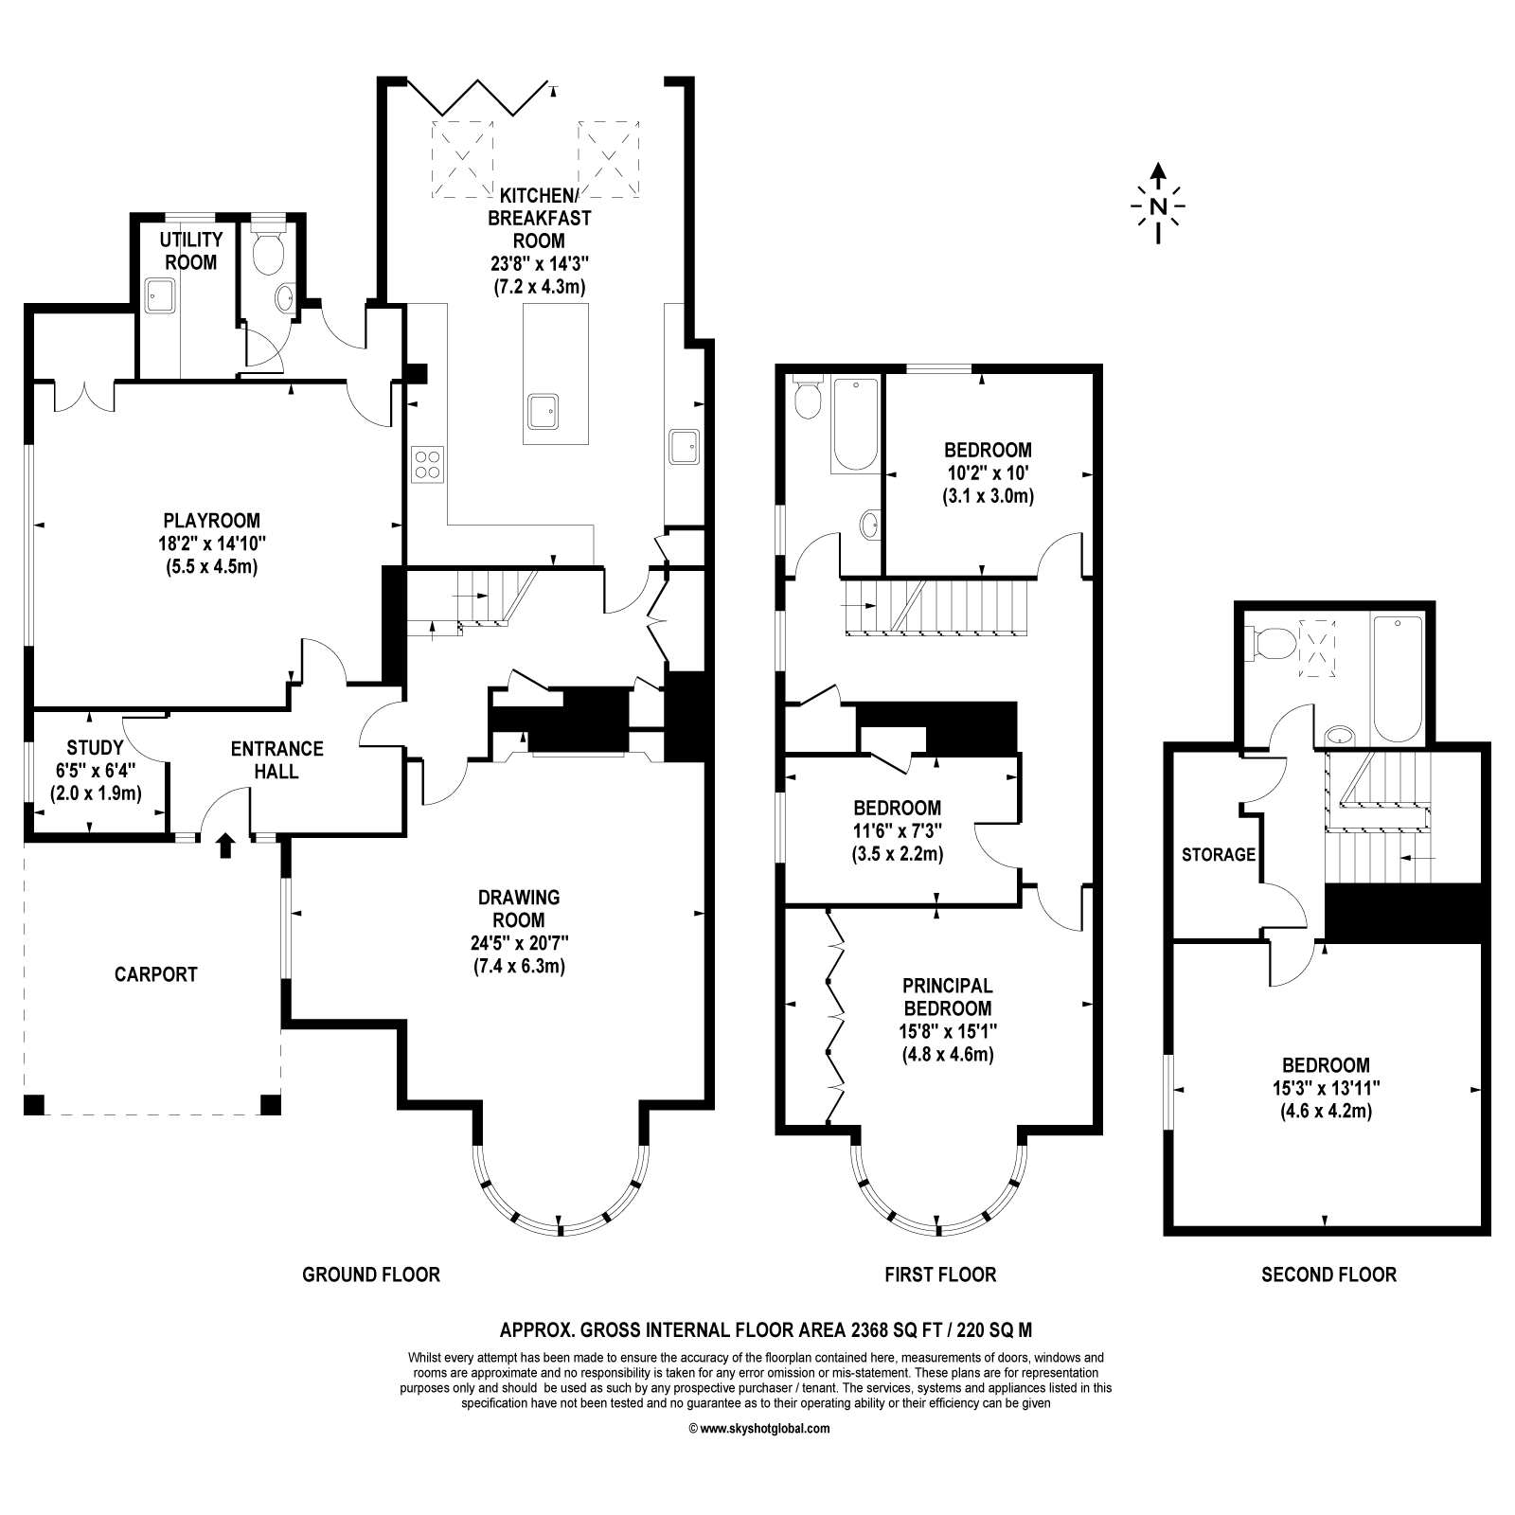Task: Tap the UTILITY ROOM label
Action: click(x=191, y=251)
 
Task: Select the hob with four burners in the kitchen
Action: click(x=427, y=464)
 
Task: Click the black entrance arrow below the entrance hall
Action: click(x=224, y=845)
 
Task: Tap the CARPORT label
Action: click(x=156, y=974)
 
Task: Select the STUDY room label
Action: click(x=95, y=747)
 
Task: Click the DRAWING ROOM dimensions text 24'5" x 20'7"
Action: click(x=520, y=943)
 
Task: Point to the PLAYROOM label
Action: click(x=211, y=520)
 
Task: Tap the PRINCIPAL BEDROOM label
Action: click(x=948, y=996)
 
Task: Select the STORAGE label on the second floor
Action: click(x=1218, y=855)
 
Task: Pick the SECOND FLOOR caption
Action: click(x=1328, y=1274)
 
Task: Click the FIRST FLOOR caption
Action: click(x=940, y=1274)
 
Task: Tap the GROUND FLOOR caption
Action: click(x=371, y=1274)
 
